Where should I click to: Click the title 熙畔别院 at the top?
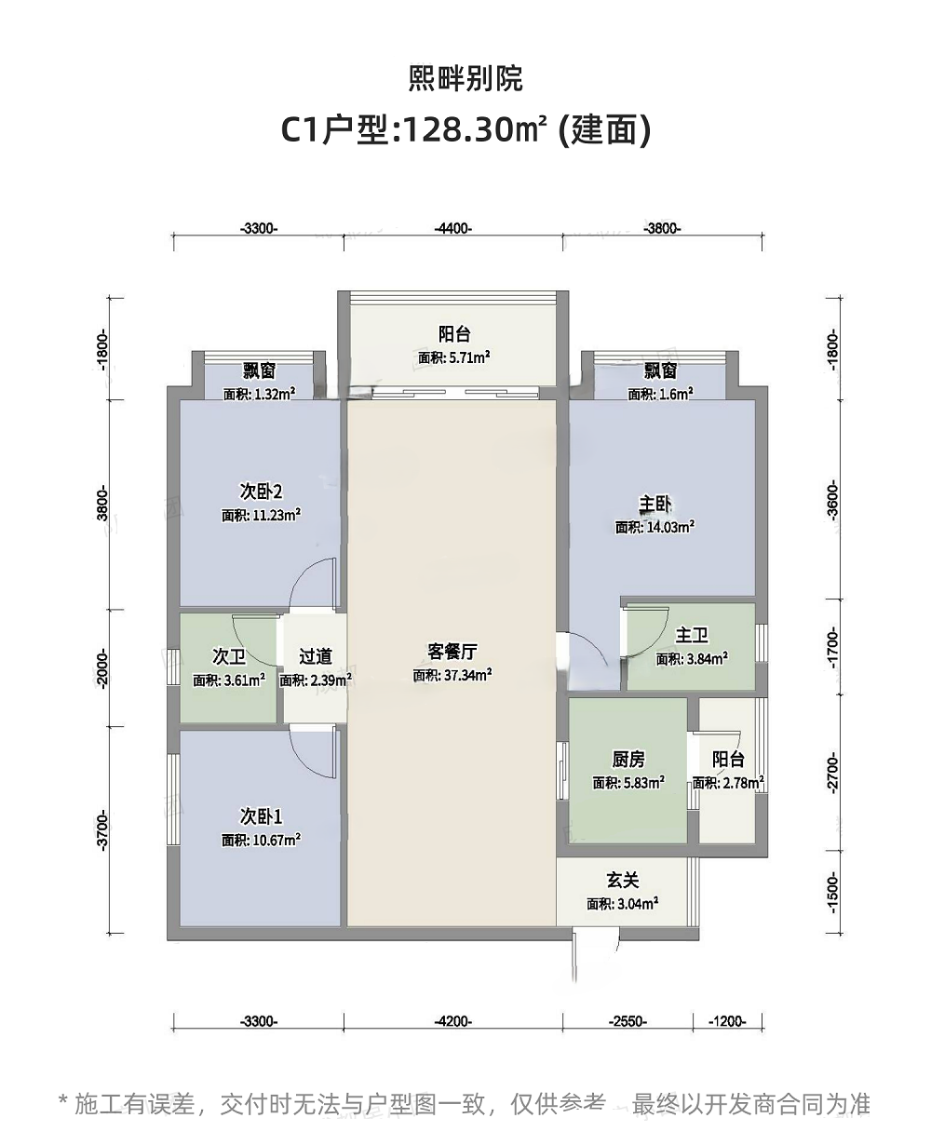[465, 78]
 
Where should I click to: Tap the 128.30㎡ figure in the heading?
[474, 130]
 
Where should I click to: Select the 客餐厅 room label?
[452, 652]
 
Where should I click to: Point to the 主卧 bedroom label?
[654, 505]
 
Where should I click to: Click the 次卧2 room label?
[261, 492]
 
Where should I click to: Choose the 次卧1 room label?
[261, 816]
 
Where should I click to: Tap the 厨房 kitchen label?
[628, 760]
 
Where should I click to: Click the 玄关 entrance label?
[623, 881]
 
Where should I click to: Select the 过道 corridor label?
[316, 656]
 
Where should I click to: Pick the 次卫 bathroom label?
[229, 656]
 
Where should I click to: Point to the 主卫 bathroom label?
[692, 635]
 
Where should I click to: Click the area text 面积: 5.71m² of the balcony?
[454, 357]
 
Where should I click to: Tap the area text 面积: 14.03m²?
[654, 527]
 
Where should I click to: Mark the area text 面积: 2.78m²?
[728, 783]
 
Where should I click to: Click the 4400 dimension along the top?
[453, 228]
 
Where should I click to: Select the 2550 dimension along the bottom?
[627, 1021]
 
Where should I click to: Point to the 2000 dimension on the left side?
[102, 668]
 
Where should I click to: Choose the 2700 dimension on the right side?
[832, 773]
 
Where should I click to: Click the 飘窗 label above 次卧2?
[260, 370]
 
